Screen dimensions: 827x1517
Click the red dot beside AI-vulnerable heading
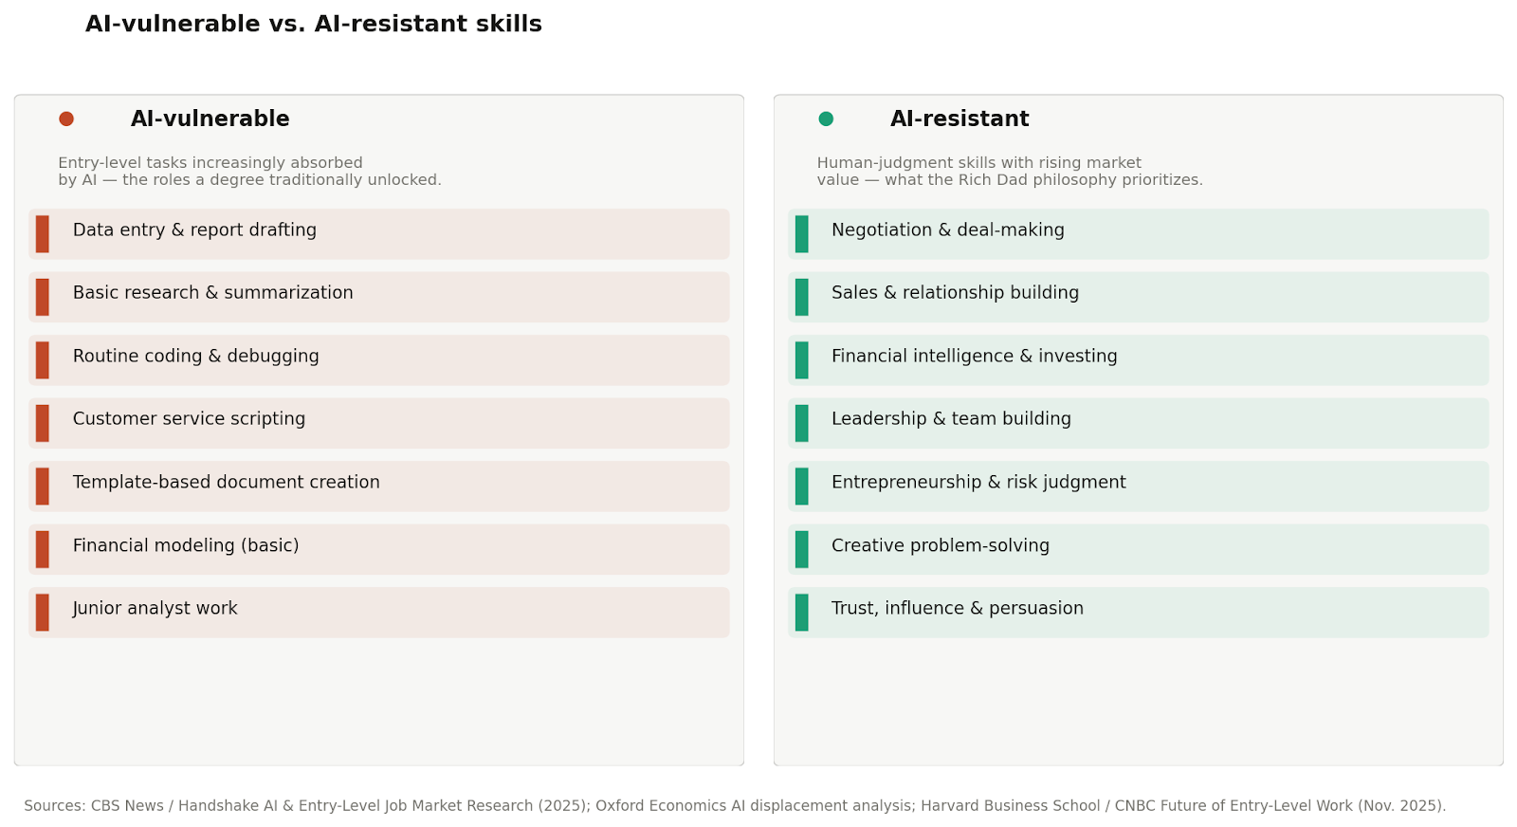click(66, 119)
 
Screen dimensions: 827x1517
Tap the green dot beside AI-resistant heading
click(826, 119)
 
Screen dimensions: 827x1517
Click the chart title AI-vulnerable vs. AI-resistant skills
click(313, 24)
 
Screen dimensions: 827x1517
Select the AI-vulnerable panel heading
click(210, 119)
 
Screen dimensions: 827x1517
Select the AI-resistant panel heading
click(959, 119)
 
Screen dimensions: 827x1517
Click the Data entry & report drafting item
click(194, 230)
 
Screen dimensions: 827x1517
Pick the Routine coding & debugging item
click(195, 357)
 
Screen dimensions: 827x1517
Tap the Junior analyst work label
click(155, 609)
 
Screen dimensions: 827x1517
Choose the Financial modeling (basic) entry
click(186, 546)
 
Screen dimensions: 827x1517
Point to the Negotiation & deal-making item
click(947, 230)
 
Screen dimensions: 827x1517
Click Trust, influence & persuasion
click(957, 609)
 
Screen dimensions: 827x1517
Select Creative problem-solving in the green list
click(940, 546)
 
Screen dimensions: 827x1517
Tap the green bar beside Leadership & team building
click(802, 423)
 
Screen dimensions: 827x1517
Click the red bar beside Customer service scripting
click(43, 423)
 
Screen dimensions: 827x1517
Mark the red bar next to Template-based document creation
click(43, 487)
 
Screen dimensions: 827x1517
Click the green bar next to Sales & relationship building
click(802, 297)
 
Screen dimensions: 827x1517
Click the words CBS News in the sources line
click(127, 806)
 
